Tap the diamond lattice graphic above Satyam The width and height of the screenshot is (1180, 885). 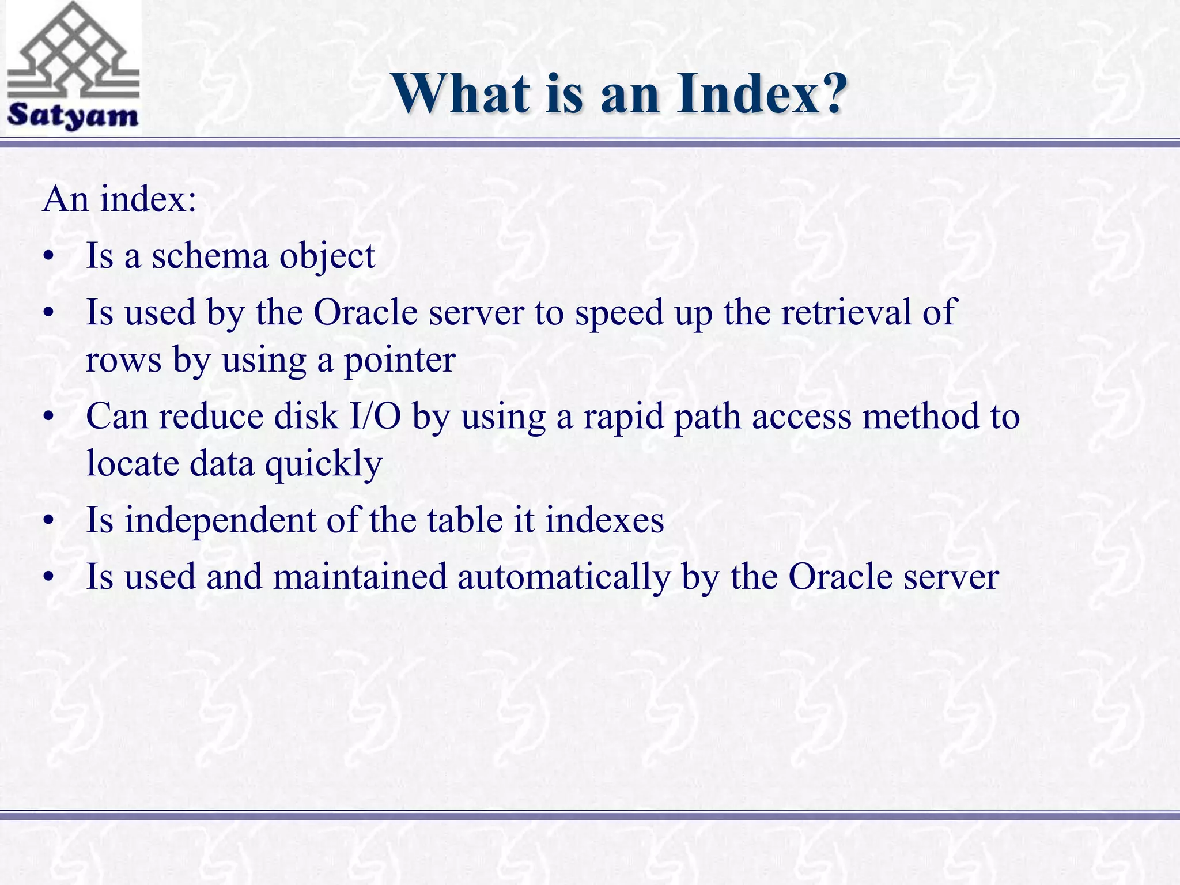tap(73, 52)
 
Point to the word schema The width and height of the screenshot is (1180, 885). tap(210, 255)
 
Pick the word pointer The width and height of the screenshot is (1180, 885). tap(399, 361)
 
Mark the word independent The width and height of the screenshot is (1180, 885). tap(220, 520)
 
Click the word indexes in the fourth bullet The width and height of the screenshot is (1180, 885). tap(604, 520)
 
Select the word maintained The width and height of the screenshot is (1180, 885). tap(360, 576)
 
